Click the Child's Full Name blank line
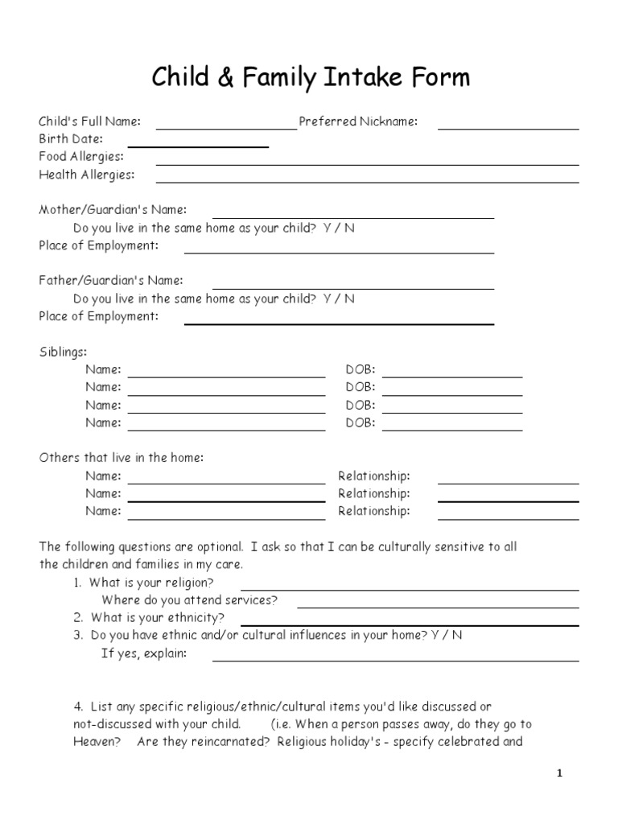click(x=226, y=128)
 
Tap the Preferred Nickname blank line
click(x=508, y=128)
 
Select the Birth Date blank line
click(x=198, y=146)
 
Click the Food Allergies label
click(x=81, y=156)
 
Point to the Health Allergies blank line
click(x=367, y=182)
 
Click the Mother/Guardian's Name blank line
click(x=353, y=217)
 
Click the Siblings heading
click(x=64, y=352)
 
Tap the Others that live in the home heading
click(x=122, y=458)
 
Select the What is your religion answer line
click(x=410, y=589)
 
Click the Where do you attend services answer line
click(x=438, y=607)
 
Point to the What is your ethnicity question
click(x=157, y=618)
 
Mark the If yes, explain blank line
click(x=395, y=660)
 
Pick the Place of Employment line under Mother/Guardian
click(x=339, y=253)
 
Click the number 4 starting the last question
click(x=78, y=707)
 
